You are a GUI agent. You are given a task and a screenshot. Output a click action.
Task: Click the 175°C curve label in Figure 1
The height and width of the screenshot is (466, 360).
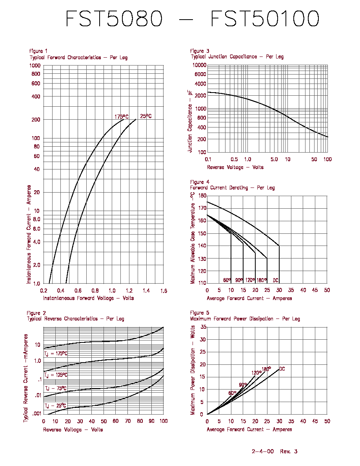(x=122, y=117)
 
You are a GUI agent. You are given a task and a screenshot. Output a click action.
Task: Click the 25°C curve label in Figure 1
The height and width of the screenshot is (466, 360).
(x=146, y=116)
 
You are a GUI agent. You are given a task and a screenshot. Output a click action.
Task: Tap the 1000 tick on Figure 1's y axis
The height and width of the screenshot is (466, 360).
(x=35, y=66)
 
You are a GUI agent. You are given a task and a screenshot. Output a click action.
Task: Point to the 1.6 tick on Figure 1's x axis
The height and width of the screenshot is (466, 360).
(x=164, y=291)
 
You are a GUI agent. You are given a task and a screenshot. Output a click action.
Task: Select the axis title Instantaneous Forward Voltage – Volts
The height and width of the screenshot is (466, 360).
(x=89, y=298)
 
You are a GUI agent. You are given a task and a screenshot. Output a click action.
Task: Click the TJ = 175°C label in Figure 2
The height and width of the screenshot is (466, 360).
(x=56, y=354)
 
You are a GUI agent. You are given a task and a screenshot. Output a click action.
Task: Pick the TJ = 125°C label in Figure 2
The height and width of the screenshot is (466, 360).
(x=56, y=375)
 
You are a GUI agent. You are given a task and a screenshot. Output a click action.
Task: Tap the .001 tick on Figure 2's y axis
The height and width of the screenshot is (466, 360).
(x=37, y=413)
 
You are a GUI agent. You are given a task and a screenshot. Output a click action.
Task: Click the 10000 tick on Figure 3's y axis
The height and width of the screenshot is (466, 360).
(x=199, y=65)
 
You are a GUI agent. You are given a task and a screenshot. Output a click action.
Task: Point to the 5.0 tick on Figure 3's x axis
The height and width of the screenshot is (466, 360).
(x=274, y=159)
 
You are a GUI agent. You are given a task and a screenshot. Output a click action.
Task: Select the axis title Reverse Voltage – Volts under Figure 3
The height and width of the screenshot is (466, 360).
(x=235, y=167)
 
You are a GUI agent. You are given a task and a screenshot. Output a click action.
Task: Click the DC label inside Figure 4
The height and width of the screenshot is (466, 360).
(x=276, y=280)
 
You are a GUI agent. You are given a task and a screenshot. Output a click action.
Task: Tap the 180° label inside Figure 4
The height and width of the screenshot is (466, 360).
(x=262, y=280)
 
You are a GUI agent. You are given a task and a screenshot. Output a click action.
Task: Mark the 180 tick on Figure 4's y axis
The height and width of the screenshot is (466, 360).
(x=202, y=196)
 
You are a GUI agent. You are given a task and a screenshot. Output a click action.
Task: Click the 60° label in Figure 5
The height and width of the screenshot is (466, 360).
(x=232, y=393)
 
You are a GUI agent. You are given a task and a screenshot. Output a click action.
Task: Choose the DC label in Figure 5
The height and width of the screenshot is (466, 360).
(x=282, y=369)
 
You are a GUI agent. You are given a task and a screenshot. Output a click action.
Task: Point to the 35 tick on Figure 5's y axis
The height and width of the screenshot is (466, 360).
(x=203, y=327)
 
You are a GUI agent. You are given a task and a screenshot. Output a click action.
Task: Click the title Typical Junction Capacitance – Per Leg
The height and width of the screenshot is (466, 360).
(x=237, y=56)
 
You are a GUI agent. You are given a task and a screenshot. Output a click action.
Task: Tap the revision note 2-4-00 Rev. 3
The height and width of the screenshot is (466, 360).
(x=275, y=451)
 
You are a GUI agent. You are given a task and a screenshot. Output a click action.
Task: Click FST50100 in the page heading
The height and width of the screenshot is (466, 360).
(x=265, y=18)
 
